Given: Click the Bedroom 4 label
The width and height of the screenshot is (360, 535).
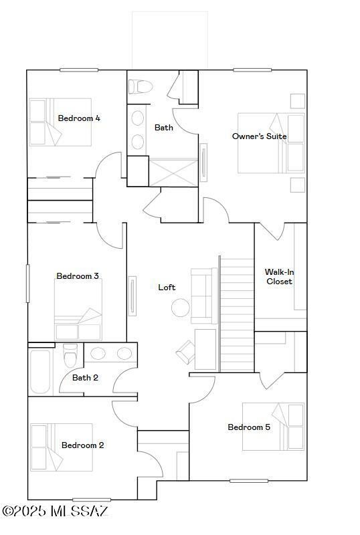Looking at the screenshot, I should [x=79, y=118].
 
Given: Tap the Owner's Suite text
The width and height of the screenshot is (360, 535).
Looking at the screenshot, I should [x=260, y=136].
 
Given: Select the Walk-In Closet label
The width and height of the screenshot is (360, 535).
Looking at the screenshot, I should [x=279, y=277].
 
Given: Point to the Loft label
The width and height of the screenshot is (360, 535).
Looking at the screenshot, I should [x=167, y=288].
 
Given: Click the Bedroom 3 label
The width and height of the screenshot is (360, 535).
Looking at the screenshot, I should [x=78, y=276].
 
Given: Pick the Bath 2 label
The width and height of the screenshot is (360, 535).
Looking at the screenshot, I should [x=86, y=378].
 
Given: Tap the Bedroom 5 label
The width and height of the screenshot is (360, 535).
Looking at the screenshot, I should [x=249, y=427].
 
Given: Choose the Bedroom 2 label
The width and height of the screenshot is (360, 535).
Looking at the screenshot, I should [x=82, y=445].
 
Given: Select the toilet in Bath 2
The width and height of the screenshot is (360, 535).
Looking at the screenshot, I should [x=70, y=356].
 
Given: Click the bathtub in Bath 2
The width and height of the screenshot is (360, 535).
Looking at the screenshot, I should [x=39, y=371].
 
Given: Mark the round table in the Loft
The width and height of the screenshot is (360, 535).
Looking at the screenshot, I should [x=181, y=308].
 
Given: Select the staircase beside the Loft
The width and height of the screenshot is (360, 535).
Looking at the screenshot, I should [x=236, y=314].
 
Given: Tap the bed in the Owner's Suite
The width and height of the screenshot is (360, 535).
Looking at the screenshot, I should [x=271, y=143].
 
